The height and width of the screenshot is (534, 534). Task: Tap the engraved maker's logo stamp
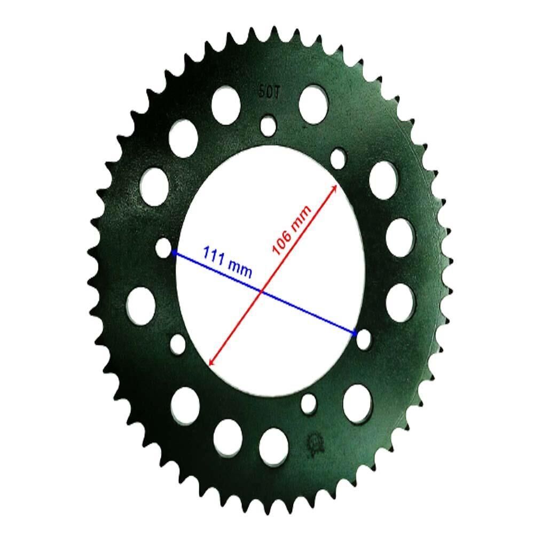point(317,443)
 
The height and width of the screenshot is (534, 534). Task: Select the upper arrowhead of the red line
point(334,188)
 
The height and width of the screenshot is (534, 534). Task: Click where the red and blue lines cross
point(262,292)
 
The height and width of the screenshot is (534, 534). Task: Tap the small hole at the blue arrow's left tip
point(164,248)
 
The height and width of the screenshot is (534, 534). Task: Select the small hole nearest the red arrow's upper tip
point(339,158)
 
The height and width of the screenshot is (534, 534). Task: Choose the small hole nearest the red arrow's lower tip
point(178,343)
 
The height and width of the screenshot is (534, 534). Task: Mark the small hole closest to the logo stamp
point(309,404)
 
